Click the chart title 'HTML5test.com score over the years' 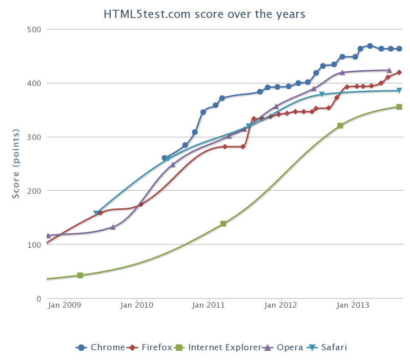click(x=204, y=14)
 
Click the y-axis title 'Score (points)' click(x=16, y=164)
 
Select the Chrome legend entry click(x=100, y=347)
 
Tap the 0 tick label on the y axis click(x=37, y=298)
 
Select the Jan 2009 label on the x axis click(x=65, y=305)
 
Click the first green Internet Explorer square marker click(x=80, y=275)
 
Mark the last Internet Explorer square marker click(x=399, y=107)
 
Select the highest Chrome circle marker click(x=370, y=46)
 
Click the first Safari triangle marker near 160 click(x=96, y=213)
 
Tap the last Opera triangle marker click(x=389, y=70)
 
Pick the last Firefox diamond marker click(x=399, y=72)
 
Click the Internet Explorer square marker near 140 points click(x=223, y=224)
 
